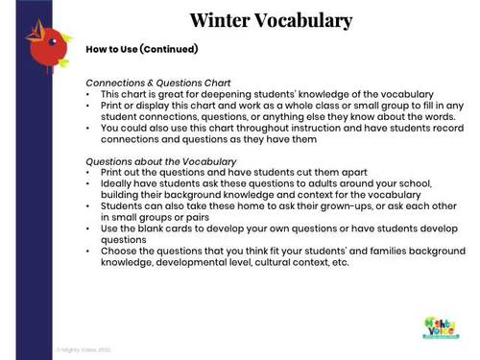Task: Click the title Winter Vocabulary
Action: click(x=270, y=20)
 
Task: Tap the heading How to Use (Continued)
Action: click(x=141, y=49)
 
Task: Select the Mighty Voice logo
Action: click(x=441, y=325)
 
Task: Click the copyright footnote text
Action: click(x=84, y=350)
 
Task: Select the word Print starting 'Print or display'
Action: click(x=110, y=106)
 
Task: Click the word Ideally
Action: click(x=115, y=180)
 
